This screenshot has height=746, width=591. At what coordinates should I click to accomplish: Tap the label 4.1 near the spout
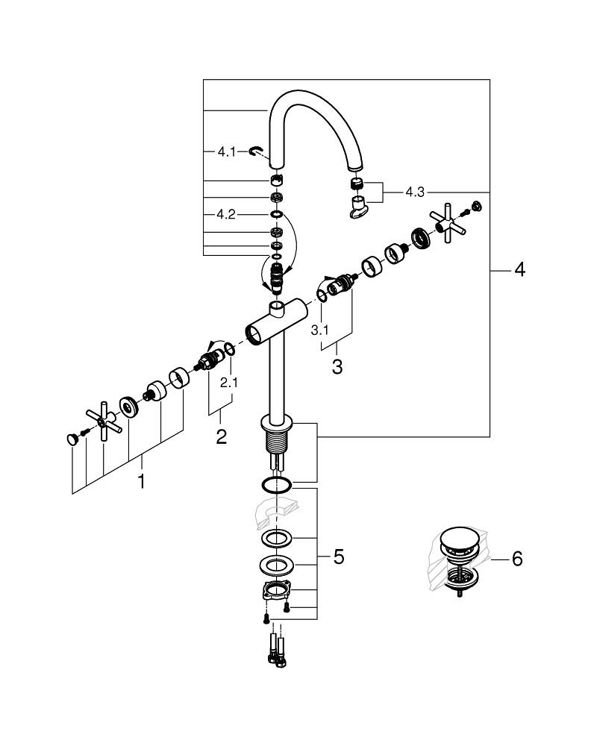click(x=226, y=151)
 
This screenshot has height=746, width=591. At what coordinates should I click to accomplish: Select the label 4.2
click(x=226, y=214)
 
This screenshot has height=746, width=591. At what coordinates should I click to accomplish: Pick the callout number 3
click(x=337, y=367)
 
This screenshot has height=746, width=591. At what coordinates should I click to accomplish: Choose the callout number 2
click(x=221, y=437)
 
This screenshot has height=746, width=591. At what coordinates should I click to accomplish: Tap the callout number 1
click(x=141, y=483)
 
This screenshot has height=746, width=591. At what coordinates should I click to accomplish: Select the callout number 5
click(x=338, y=557)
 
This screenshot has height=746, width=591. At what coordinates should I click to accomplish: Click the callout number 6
click(x=517, y=558)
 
